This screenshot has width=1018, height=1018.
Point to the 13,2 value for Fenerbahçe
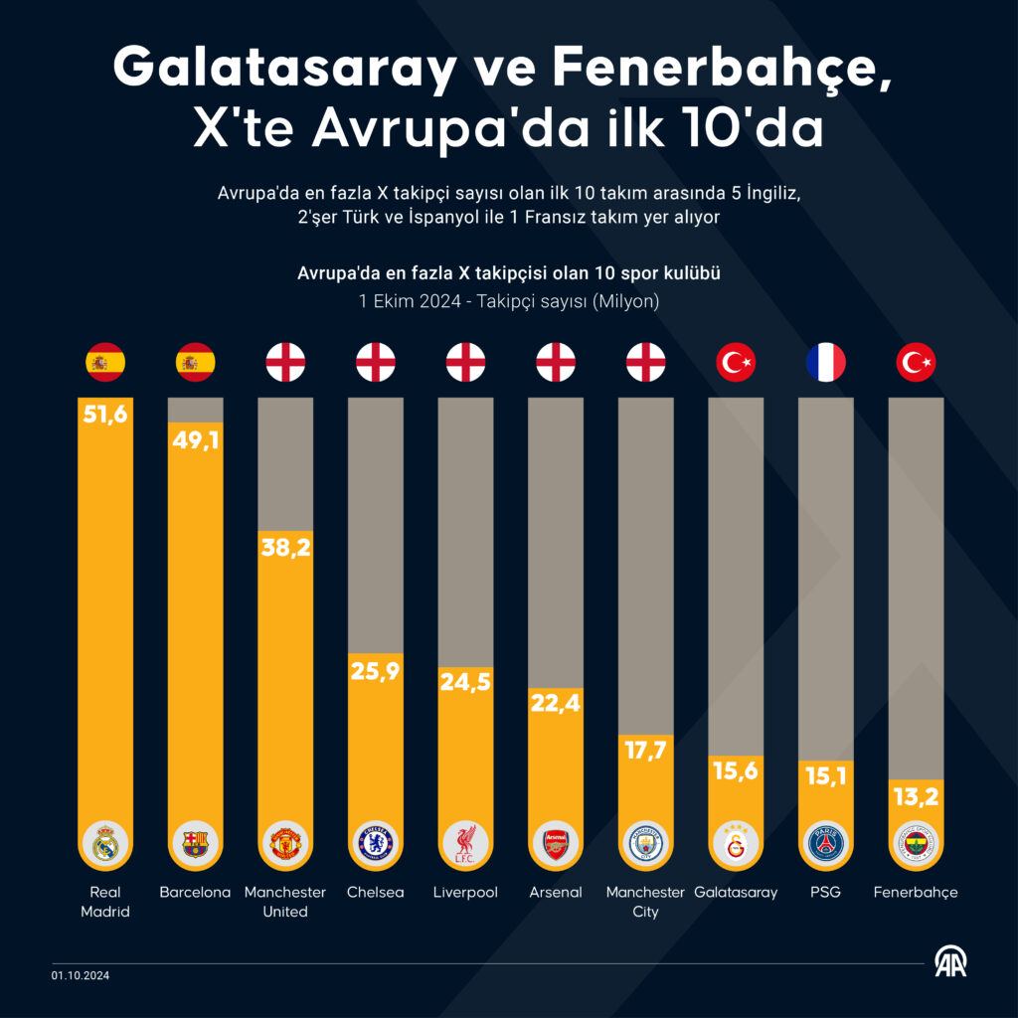click(x=916, y=795)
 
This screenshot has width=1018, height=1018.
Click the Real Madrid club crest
click(x=105, y=844)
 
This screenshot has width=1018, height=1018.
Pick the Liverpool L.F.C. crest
click(x=465, y=844)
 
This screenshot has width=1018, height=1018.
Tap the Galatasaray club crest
click(x=736, y=844)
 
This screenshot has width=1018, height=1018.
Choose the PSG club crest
click(x=825, y=844)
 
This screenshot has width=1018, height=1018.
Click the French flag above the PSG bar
click(x=825, y=363)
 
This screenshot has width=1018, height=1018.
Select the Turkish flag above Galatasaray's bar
click(x=736, y=363)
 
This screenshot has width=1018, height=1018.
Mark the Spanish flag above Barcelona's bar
click(x=195, y=363)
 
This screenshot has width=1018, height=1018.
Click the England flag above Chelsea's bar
click(x=376, y=363)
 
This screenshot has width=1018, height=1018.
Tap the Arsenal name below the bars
click(x=556, y=892)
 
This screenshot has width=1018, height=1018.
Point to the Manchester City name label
click(x=645, y=902)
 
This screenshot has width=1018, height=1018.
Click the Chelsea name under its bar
click(x=376, y=892)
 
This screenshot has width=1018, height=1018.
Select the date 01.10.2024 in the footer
click(x=82, y=975)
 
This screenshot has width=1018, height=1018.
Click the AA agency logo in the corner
click(x=950, y=961)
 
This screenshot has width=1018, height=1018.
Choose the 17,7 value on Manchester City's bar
click(x=645, y=750)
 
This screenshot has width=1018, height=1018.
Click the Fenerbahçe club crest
click(x=916, y=844)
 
